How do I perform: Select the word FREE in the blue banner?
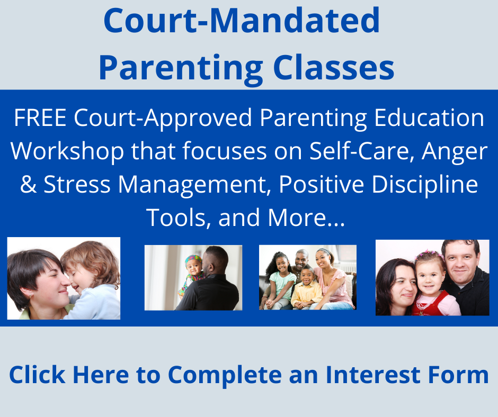pos(40,117)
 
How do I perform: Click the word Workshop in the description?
pos(67,152)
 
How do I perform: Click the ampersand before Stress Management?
pos(28,184)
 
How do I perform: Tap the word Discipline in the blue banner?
pos(425,185)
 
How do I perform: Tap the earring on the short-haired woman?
pos(30,295)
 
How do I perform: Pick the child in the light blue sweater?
pos(91,281)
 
